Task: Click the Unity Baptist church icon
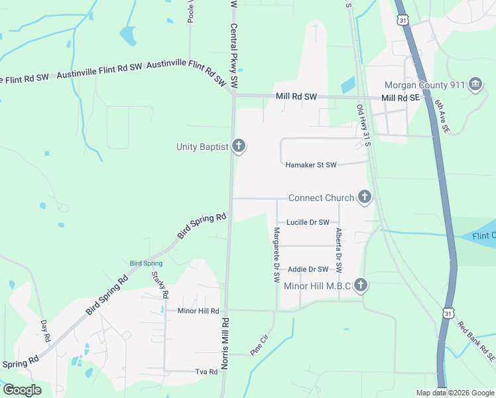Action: tap(239, 147)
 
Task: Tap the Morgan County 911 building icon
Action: tap(475, 85)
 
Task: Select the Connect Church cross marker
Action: tap(364, 197)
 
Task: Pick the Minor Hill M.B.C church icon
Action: tap(361, 286)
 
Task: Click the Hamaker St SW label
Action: tap(311, 165)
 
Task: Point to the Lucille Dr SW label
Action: tap(308, 222)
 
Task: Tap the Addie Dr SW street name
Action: tap(308, 269)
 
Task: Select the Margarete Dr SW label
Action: tap(277, 255)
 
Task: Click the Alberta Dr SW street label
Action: tap(338, 250)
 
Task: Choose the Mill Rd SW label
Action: tap(296, 97)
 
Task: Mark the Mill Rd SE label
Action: tap(401, 98)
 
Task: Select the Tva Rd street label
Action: tap(206, 372)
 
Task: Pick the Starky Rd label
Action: tap(159, 285)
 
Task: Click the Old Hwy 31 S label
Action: tap(363, 125)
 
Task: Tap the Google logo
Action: tap(22, 389)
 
